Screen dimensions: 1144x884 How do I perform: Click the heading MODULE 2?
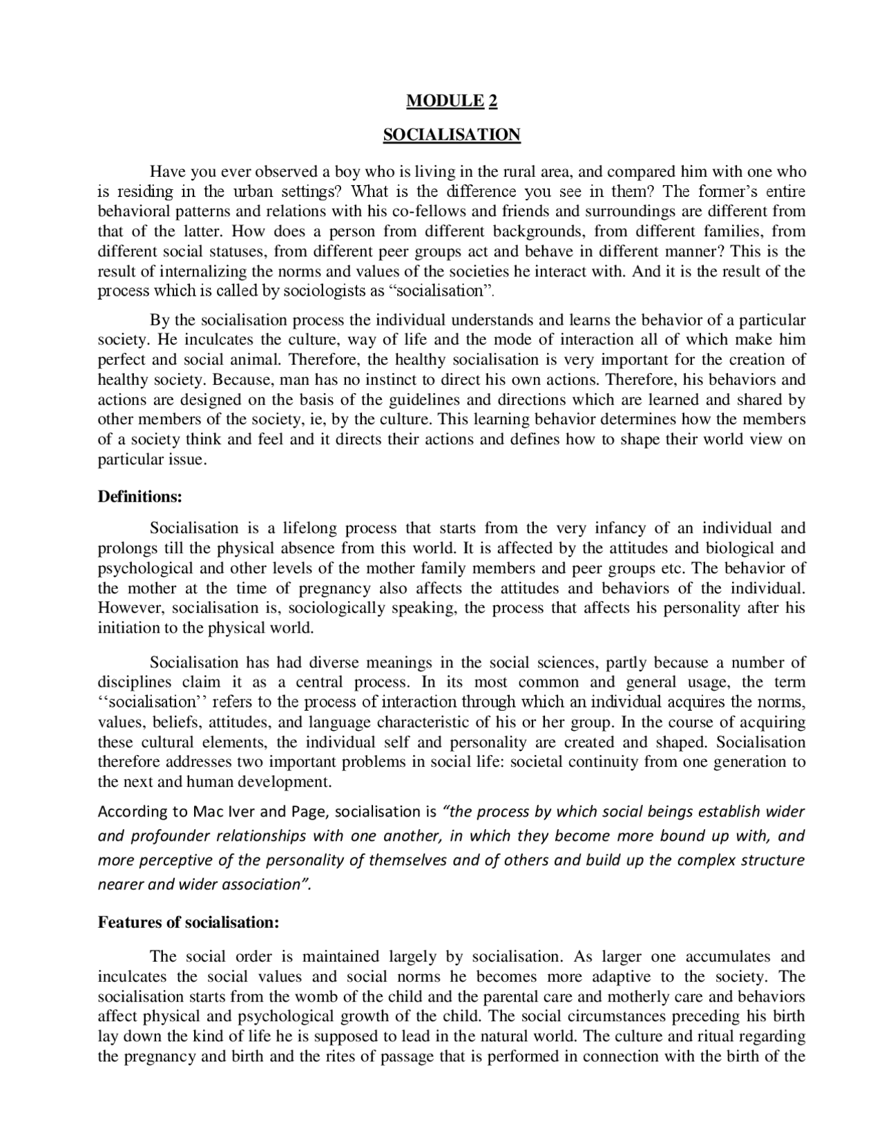452,101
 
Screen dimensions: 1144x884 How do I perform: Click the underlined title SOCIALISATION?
452,134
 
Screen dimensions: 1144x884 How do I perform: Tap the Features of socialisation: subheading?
189,922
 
